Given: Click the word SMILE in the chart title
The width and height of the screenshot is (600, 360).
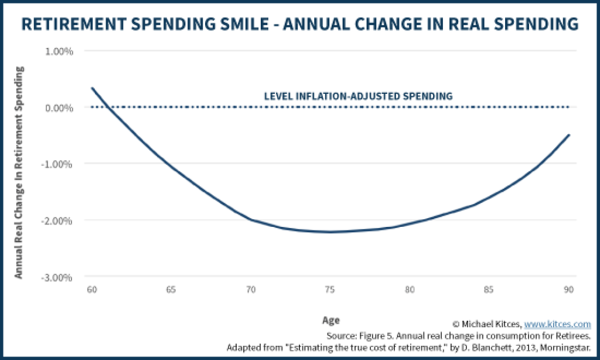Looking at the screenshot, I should point(246,24).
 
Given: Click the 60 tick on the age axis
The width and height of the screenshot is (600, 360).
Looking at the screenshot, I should point(91,290).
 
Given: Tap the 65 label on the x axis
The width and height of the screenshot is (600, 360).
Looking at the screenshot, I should point(171,290).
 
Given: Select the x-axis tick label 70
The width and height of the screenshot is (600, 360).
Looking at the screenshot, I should point(251,290).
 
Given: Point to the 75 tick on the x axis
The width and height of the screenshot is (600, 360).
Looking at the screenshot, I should point(330,290).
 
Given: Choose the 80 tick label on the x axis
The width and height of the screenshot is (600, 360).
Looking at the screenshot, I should point(410,290).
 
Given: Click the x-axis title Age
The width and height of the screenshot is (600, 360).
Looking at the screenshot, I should point(330,320).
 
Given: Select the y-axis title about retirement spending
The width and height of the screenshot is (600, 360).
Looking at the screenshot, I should point(19,172).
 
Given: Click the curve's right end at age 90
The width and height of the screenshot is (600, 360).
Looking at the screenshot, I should point(569,135).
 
